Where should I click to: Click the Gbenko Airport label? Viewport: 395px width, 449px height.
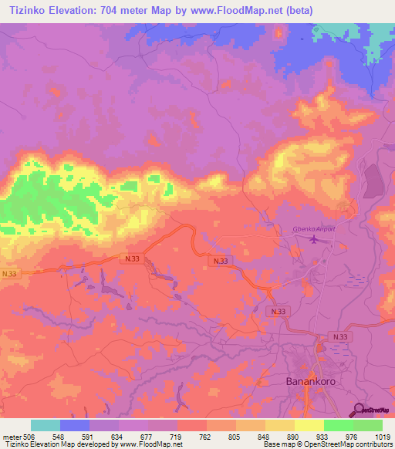(312, 229)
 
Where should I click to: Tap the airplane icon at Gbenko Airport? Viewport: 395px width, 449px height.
(313, 239)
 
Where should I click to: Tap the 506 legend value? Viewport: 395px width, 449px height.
(28, 436)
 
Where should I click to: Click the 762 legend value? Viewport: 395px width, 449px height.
(205, 436)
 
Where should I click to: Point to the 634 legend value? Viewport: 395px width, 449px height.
(116, 436)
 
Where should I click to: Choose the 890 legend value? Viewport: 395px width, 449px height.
(294, 436)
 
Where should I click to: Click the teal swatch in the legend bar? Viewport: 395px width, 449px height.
(46, 425)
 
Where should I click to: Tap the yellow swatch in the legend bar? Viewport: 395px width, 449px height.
(309, 425)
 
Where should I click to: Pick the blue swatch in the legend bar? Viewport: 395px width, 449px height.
(75, 425)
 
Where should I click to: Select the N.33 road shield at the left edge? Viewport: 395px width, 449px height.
(8, 274)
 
